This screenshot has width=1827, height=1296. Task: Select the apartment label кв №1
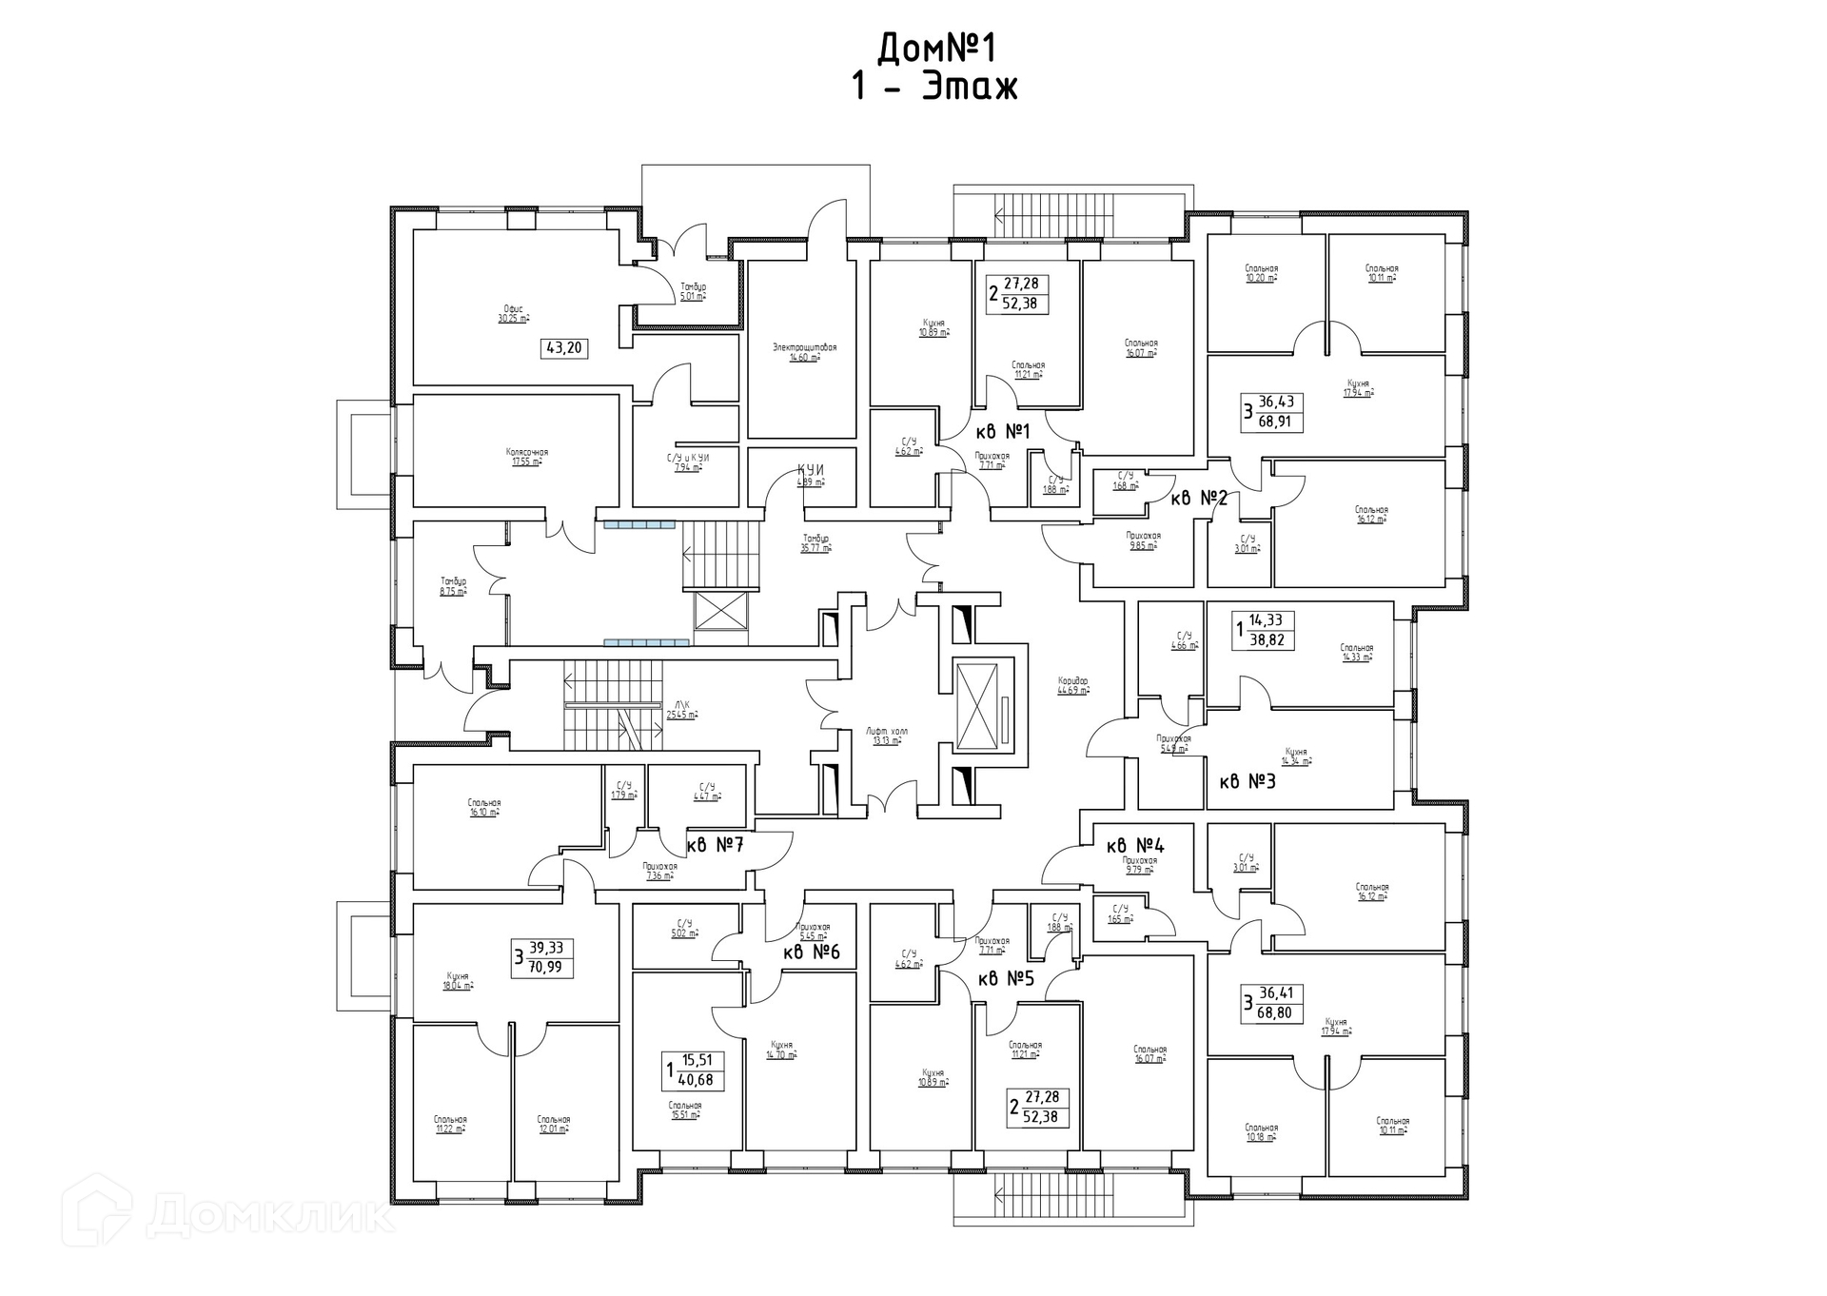tap(1002, 432)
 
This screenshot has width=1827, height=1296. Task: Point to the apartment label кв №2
tap(1199, 498)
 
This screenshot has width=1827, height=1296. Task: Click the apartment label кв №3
tap(1247, 782)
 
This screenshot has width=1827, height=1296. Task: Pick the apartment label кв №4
tap(1134, 845)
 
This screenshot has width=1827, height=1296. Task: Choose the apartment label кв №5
tap(1005, 978)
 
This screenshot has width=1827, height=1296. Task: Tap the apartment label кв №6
tap(812, 952)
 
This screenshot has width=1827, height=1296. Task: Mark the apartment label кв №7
tap(715, 844)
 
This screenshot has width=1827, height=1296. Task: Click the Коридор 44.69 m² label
tap(1072, 685)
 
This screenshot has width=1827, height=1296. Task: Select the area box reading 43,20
tap(563, 348)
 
